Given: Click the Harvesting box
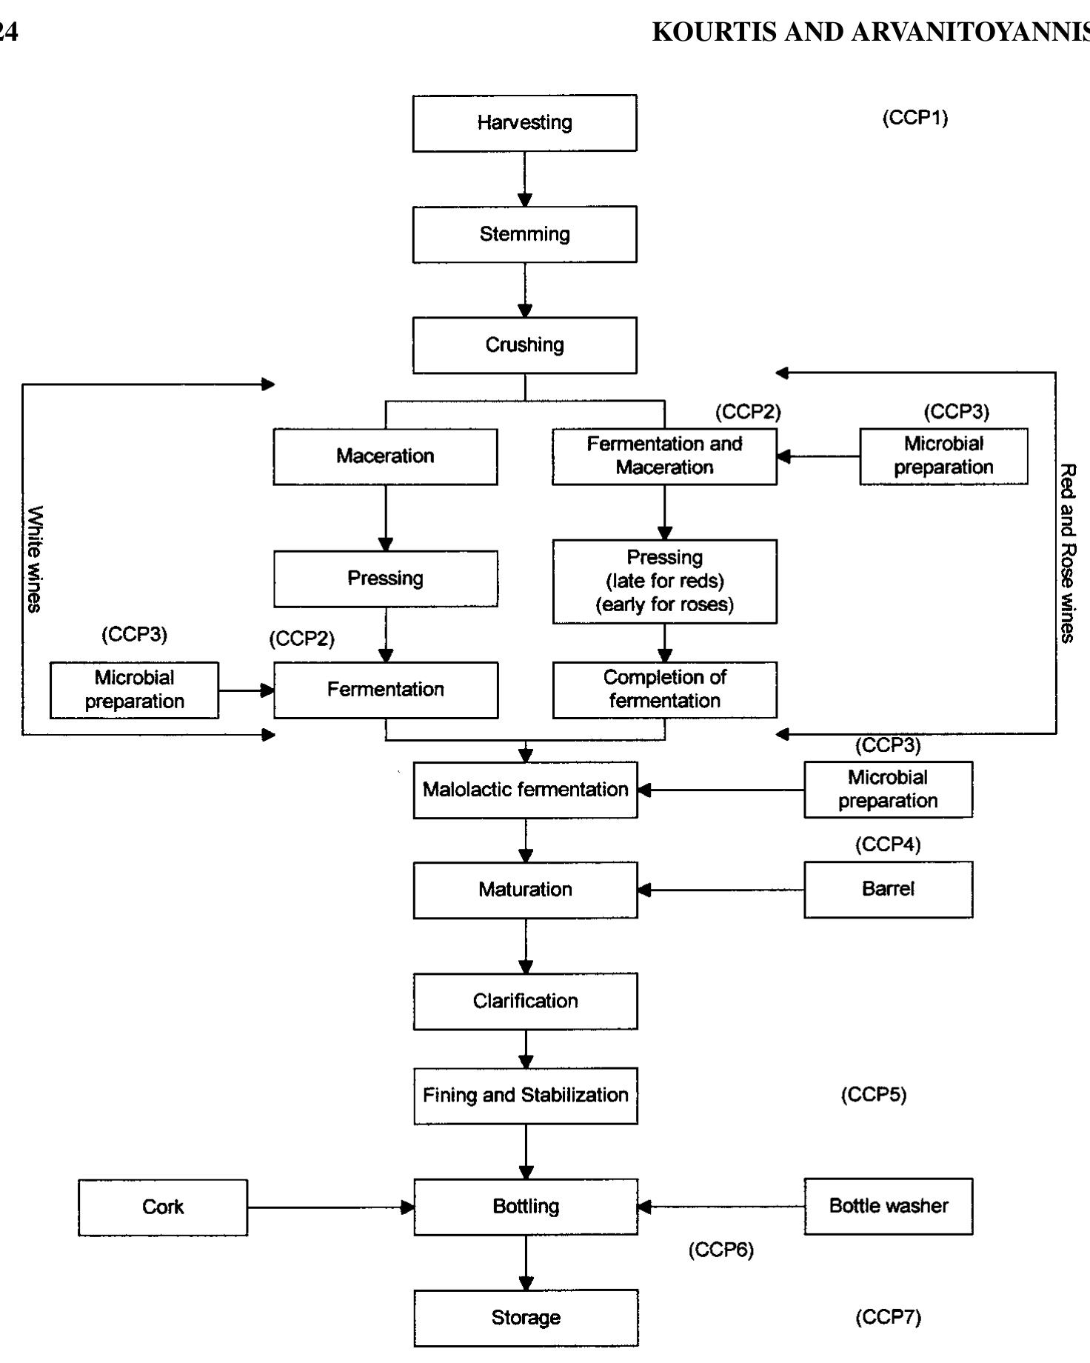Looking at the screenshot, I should point(524,123).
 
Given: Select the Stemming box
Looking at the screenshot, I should point(524,234).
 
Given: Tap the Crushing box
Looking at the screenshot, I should point(524,345).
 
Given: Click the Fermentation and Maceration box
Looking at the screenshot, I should point(664,456).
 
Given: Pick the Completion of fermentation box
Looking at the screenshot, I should point(664,690).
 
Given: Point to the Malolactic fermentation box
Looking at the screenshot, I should point(525,790).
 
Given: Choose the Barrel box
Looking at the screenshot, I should point(888,890).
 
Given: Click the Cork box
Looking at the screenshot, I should point(163,1207).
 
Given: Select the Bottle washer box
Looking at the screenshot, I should point(888,1207).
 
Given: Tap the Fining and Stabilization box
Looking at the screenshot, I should point(525,1096).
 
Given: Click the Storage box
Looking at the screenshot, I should point(525,1318).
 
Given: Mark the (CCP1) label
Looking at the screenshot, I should point(915,118).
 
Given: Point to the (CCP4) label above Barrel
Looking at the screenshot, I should point(888,844).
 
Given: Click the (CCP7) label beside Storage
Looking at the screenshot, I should point(888,1318).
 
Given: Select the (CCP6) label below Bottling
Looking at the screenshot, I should point(720,1250).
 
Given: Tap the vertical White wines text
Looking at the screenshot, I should point(34,559).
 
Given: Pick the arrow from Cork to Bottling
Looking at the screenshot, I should point(330,1207).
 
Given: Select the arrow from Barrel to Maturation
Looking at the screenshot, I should point(720,890).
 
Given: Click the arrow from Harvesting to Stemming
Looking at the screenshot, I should point(525,179).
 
